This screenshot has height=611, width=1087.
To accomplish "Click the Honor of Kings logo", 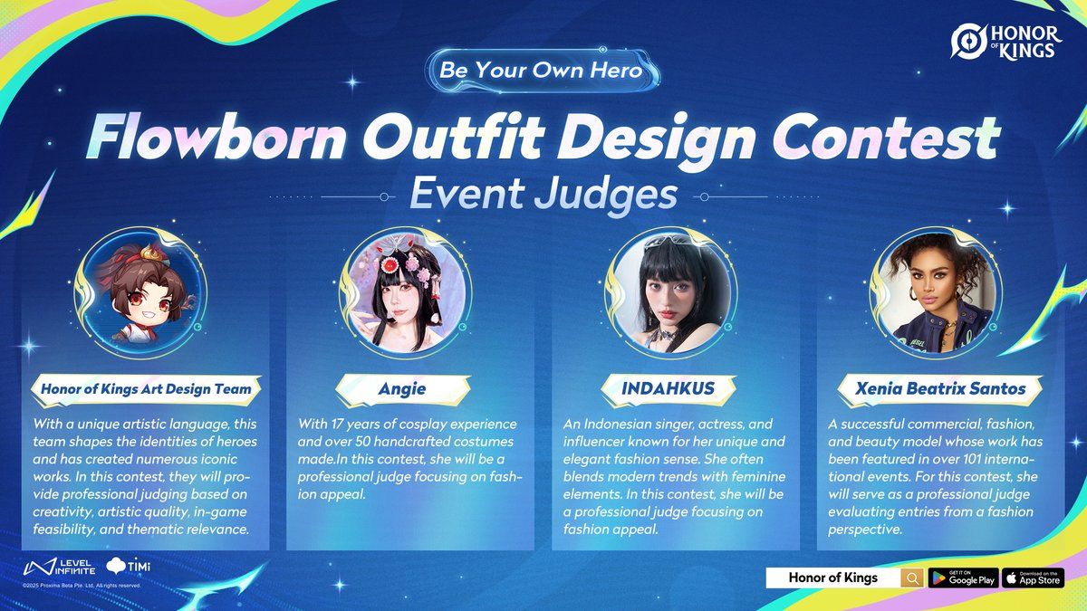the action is (1006, 43).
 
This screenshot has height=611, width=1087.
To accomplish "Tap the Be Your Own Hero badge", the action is (542, 71).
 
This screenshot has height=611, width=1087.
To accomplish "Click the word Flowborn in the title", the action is (216, 138).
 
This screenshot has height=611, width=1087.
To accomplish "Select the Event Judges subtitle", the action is (543, 194).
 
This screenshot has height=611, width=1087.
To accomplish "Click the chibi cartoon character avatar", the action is (141, 293).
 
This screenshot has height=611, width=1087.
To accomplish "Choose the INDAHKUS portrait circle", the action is (670, 293).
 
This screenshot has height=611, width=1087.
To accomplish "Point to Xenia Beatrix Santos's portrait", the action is (936, 293).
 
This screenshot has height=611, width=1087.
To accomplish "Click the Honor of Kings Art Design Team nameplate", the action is (146, 389).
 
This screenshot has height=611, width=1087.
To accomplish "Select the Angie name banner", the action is (403, 389).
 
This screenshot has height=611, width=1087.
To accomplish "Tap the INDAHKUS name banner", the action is (669, 389).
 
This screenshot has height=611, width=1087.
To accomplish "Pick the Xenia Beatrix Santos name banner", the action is (940, 389).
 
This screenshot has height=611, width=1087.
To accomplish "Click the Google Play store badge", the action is (963, 578).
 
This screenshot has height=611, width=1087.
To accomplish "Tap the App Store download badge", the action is (1034, 578).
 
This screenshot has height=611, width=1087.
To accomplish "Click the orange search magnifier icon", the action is (912, 578).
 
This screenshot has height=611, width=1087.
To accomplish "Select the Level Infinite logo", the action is (59, 567).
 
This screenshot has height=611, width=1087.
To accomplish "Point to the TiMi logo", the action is (128, 566).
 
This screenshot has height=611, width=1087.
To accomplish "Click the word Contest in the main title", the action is (887, 138).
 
